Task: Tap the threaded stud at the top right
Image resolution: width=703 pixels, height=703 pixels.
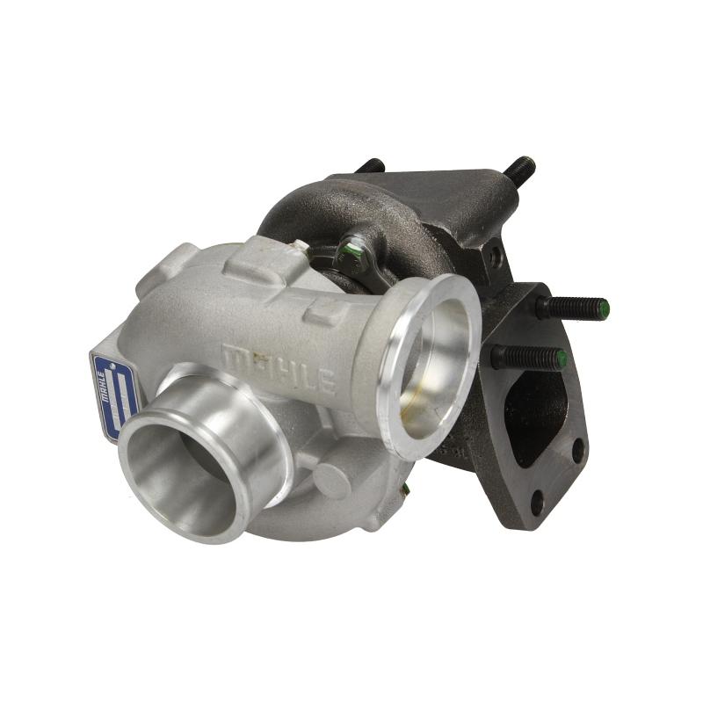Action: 519,170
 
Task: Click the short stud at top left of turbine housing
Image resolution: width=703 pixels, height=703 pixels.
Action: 371,166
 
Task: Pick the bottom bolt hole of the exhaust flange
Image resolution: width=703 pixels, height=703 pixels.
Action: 537,503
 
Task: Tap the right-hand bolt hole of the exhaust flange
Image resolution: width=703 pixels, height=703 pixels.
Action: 577,451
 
